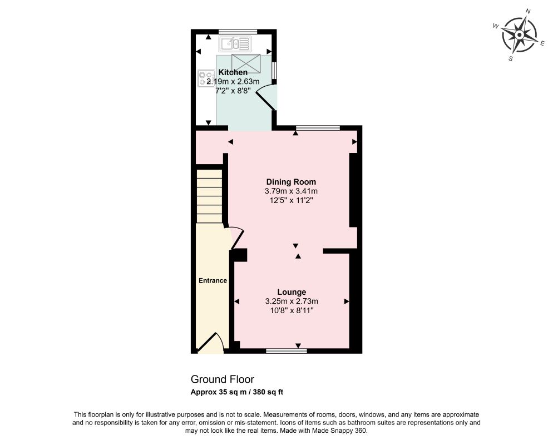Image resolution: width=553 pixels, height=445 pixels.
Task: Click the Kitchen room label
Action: coord(233,72)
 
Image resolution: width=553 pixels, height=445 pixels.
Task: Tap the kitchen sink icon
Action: coord(235,44)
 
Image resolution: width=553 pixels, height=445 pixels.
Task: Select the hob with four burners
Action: coord(206,78)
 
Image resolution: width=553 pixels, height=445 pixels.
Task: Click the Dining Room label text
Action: coord(291,182)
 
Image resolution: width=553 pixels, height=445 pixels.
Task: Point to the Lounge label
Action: coord(292,292)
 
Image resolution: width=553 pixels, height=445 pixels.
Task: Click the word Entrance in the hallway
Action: coord(213,281)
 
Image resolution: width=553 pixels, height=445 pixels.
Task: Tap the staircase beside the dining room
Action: coord(209,196)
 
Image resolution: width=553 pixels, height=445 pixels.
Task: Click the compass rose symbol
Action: coord(519,34)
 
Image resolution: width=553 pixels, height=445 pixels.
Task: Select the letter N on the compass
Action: coord(528,11)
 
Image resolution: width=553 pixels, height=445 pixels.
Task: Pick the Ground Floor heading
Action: coord(222,379)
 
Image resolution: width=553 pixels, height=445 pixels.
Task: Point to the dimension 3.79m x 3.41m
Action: coord(291,191)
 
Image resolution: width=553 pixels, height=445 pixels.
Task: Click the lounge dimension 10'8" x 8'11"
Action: coord(292,310)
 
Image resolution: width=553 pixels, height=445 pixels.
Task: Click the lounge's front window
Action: coord(287,351)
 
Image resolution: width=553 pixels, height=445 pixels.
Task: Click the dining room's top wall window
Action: coord(318,127)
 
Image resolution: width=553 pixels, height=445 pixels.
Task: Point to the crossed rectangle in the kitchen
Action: coord(246,63)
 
